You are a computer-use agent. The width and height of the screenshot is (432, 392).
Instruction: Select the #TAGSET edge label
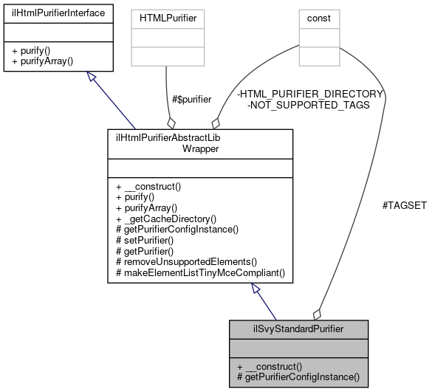point(404,226)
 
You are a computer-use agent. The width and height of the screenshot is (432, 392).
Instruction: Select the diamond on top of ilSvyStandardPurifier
point(318,313)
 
